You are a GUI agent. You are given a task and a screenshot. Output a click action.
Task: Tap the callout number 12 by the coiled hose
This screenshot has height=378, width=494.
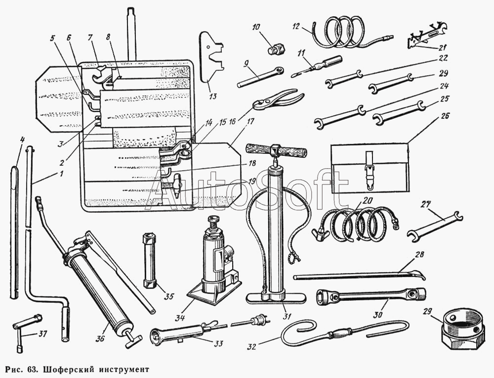296,26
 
